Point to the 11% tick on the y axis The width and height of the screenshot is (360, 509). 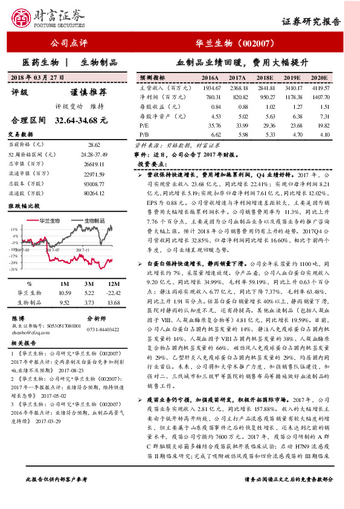tap(13, 230)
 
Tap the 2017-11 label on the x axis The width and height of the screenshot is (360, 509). tap(82, 248)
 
